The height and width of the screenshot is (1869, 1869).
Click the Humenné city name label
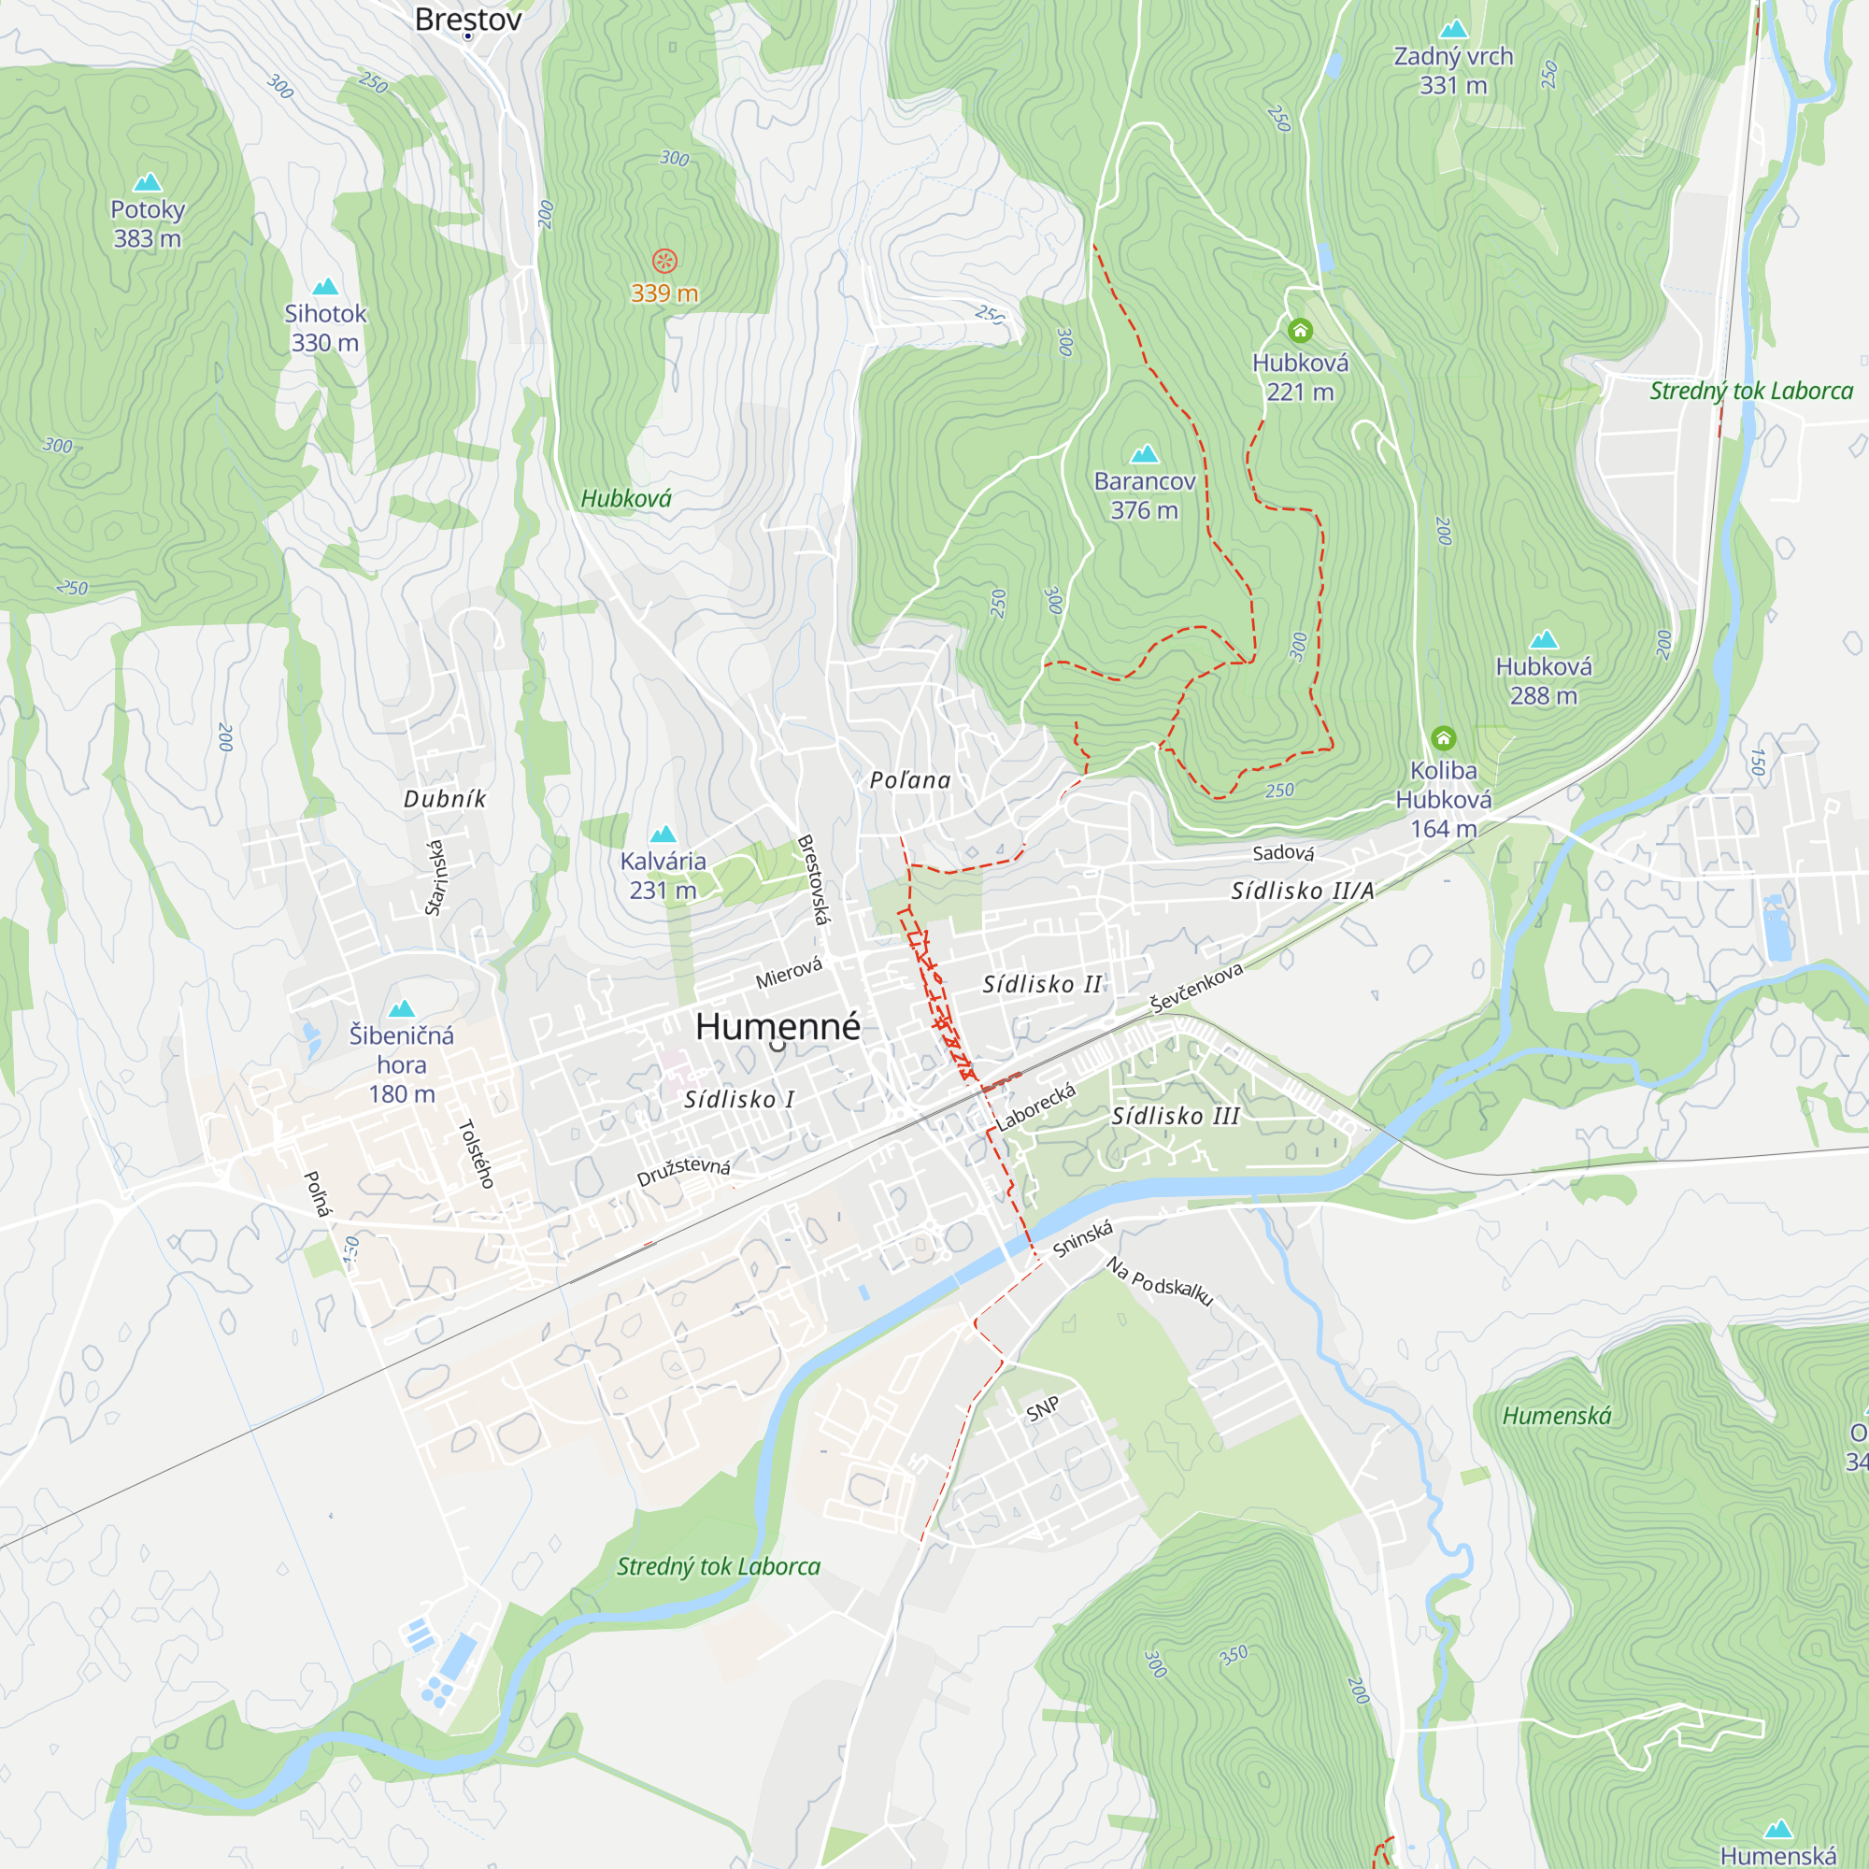(778, 1026)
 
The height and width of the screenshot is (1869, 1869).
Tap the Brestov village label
(468, 20)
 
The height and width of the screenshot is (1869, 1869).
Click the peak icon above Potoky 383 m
(147, 182)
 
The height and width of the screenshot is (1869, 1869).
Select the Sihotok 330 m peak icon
(325, 286)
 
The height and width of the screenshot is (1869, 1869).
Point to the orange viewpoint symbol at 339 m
(663, 260)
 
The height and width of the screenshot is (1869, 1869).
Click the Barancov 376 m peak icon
(1145, 454)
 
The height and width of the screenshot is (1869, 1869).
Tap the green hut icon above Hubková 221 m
(1300, 331)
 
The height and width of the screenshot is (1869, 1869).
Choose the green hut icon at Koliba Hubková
(1444, 739)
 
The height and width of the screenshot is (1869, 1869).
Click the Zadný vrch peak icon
(1453, 29)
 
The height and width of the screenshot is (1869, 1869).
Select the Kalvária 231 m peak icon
(663, 834)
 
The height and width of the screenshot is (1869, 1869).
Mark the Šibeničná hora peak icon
(402, 1009)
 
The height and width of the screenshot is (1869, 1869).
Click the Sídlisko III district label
(1176, 1117)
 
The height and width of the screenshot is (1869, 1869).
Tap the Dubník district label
(445, 799)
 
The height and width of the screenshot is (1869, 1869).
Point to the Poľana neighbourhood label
(910, 780)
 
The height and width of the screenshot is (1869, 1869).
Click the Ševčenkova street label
(1197, 988)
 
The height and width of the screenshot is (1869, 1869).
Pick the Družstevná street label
(683, 1171)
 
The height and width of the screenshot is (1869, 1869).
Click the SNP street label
(1043, 1409)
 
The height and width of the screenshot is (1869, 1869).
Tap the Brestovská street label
(813, 879)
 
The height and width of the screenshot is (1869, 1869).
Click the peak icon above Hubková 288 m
(1544, 639)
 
